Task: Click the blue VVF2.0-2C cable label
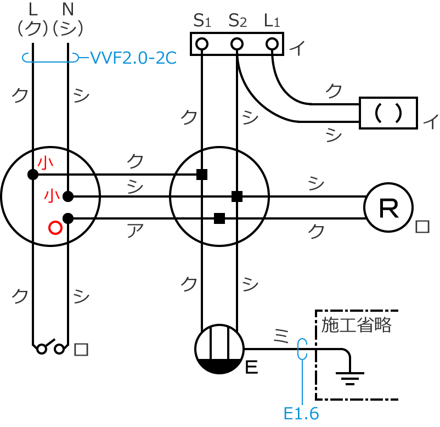pyautogui.click(x=133, y=57)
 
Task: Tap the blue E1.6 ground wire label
pyautogui.click(x=301, y=413)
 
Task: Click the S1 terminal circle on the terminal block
pyautogui.click(x=202, y=43)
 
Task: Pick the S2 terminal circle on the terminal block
pyautogui.click(x=237, y=43)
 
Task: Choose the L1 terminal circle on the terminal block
pyautogui.click(x=272, y=43)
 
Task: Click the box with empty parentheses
pyautogui.click(x=388, y=113)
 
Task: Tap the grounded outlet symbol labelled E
pyautogui.click(x=220, y=349)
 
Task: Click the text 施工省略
pyautogui.click(x=357, y=325)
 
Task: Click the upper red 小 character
pyautogui.click(x=45, y=162)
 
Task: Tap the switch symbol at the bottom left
pyautogui.click(x=50, y=347)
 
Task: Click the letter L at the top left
pyautogui.click(x=33, y=9)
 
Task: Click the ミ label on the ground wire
pyautogui.click(x=280, y=334)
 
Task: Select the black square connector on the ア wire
pyautogui.click(x=219, y=218)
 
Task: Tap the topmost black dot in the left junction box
pyautogui.click(x=33, y=175)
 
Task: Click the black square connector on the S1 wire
pyautogui.click(x=202, y=175)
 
